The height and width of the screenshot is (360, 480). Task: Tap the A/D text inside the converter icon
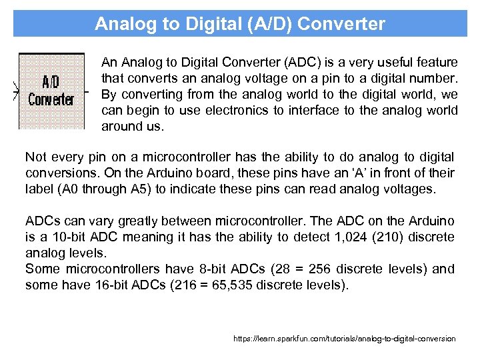[x=51, y=82]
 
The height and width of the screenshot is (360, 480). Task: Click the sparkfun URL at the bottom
[x=344, y=339]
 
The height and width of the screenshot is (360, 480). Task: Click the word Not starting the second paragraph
[x=35, y=157]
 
